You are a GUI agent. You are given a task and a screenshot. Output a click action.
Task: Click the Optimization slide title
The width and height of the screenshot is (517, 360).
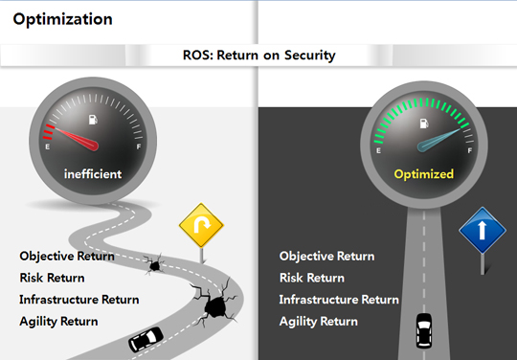[x=62, y=20]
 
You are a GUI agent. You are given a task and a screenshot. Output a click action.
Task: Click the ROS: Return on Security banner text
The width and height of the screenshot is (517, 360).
[x=259, y=56]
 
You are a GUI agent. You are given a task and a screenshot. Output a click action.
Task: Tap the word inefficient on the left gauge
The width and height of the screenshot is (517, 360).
[x=93, y=173]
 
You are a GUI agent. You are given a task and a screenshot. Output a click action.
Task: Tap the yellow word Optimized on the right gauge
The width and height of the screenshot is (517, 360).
[x=424, y=174]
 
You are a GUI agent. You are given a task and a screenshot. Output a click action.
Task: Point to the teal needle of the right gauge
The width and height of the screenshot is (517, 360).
[x=438, y=141]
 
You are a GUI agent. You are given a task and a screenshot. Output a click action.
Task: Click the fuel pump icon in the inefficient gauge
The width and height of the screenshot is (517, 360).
[x=93, y=120]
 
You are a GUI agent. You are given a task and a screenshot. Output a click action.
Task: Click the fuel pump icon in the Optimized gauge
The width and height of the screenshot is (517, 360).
[x=424, y=124]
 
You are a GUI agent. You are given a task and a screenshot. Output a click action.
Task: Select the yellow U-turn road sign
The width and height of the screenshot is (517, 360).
[x=201, y=225]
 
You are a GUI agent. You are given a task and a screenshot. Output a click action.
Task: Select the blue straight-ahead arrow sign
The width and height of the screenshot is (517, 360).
[x=483, y=230]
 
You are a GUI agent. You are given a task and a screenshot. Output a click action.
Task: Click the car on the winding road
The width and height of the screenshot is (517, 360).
[x=146, y=339]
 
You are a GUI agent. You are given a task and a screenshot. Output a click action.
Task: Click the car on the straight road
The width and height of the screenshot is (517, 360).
[x=424, y=330]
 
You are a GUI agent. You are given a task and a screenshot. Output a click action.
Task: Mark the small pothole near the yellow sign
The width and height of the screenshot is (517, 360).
[x=154, y=264]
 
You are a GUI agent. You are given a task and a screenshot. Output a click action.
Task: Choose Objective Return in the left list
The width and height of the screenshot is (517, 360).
[x=67, y=257]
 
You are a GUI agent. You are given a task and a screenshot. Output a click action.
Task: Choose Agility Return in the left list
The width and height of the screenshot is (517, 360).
[x=58, y=322]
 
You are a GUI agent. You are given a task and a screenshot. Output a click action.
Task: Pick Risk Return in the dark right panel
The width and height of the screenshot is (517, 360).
[x=312, y=278]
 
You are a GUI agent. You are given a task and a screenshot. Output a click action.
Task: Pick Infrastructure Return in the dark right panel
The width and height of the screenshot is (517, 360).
[x=339, y=300]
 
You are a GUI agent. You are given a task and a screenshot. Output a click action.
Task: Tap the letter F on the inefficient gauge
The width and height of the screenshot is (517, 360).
[x=139, y=146]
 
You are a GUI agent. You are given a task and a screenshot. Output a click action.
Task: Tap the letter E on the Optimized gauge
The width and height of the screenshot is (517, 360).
[x=378, y=150]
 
